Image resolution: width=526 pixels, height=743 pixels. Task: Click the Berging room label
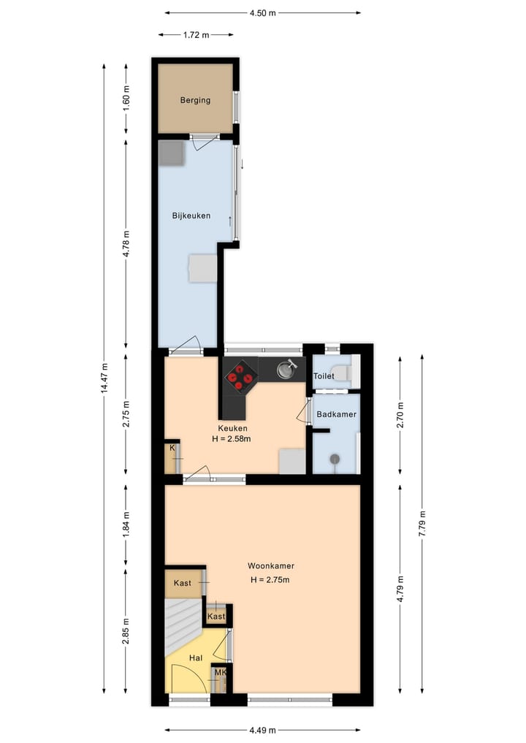tap(196, 100)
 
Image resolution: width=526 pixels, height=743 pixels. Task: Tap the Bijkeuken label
tap(191, 216)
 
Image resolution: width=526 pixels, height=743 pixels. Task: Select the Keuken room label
tap(232, 428)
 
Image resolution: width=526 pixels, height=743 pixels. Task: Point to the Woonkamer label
tap(271, 565)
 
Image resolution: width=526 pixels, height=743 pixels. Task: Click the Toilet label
tap(324, 376)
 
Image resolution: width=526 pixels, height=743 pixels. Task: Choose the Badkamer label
tap(336, 414)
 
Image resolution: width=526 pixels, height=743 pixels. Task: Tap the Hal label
tap(195, 658)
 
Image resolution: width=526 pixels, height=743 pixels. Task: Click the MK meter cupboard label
tap(219, 673)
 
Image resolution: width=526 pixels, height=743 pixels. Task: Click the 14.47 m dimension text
tap(104, 378)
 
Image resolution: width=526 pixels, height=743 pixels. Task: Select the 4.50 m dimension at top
tap(262, 12)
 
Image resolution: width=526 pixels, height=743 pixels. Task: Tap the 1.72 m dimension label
tap(196, 34)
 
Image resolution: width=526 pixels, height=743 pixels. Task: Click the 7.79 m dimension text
tap(422, 523)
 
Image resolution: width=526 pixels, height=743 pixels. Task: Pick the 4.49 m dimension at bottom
tap(262, 729)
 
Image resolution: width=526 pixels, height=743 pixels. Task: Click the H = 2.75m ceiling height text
tap(270, 580)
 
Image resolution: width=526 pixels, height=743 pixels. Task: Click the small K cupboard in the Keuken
tap(173, 458)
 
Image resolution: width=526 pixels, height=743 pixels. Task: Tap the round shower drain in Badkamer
tap(335, 459)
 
